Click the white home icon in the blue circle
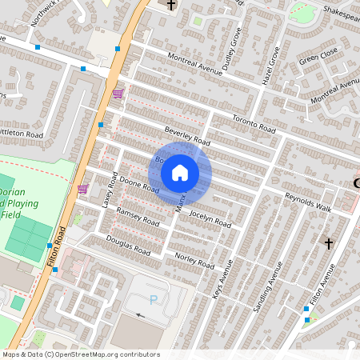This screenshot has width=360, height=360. pos(180,172)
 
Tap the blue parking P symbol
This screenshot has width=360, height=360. pos(154,300)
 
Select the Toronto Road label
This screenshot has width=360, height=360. pos(254,122)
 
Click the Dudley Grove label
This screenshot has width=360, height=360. pos(231,49)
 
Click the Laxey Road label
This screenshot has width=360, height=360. pos(110,192)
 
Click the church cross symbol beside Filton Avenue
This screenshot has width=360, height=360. pos(327,242)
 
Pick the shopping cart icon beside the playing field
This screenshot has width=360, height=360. pos(82,189)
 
